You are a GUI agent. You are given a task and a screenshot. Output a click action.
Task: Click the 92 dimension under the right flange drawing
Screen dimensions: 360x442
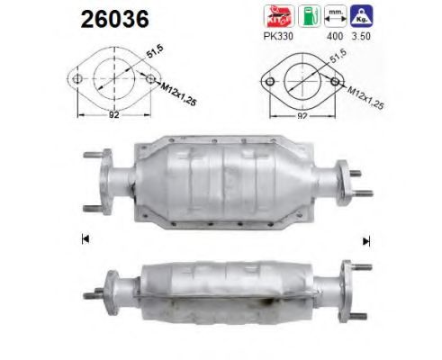pos(303,115)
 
